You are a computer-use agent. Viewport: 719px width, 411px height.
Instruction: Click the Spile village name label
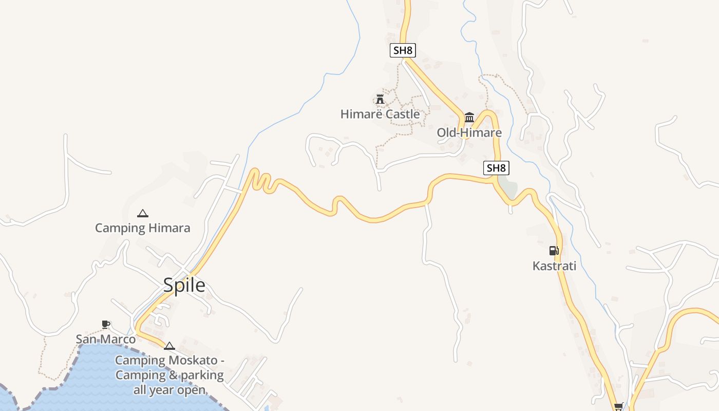click(x=184, y=285)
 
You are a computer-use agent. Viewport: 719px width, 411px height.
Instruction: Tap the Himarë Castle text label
click(x=380, y=114)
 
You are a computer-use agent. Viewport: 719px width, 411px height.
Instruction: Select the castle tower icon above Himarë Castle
click(x=380, y=99)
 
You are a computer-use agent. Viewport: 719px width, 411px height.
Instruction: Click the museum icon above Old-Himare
click(x=469, y=118)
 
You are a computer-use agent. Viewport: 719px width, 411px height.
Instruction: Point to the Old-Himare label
click(x=469, y=133)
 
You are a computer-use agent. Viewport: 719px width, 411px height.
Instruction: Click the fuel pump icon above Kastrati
click(x=554, y=251)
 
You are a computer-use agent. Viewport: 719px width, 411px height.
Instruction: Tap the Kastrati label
click(x=554, y=266)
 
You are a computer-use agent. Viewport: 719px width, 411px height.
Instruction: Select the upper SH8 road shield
click(x=403, y=50)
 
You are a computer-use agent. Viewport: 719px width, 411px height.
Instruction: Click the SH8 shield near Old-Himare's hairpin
click(x=496, y=168)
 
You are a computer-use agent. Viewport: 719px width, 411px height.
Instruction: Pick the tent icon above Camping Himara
click(x=143, y=213)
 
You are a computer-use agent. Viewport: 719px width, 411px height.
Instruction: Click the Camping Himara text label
click(x=143, y=228)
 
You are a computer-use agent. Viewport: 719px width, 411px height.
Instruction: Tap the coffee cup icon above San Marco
click(x=106, y=324)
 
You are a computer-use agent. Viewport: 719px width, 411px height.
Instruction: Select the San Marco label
click(x=106, y=339)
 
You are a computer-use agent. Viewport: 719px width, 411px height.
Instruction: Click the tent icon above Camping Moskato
click(x=169, y=346)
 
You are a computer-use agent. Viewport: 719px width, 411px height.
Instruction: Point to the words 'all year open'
click(x=169, y=389)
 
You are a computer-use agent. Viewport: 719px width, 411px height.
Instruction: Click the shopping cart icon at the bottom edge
click(x=619, y=406)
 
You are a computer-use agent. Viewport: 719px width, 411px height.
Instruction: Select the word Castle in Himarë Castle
click(x=402, y=114)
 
